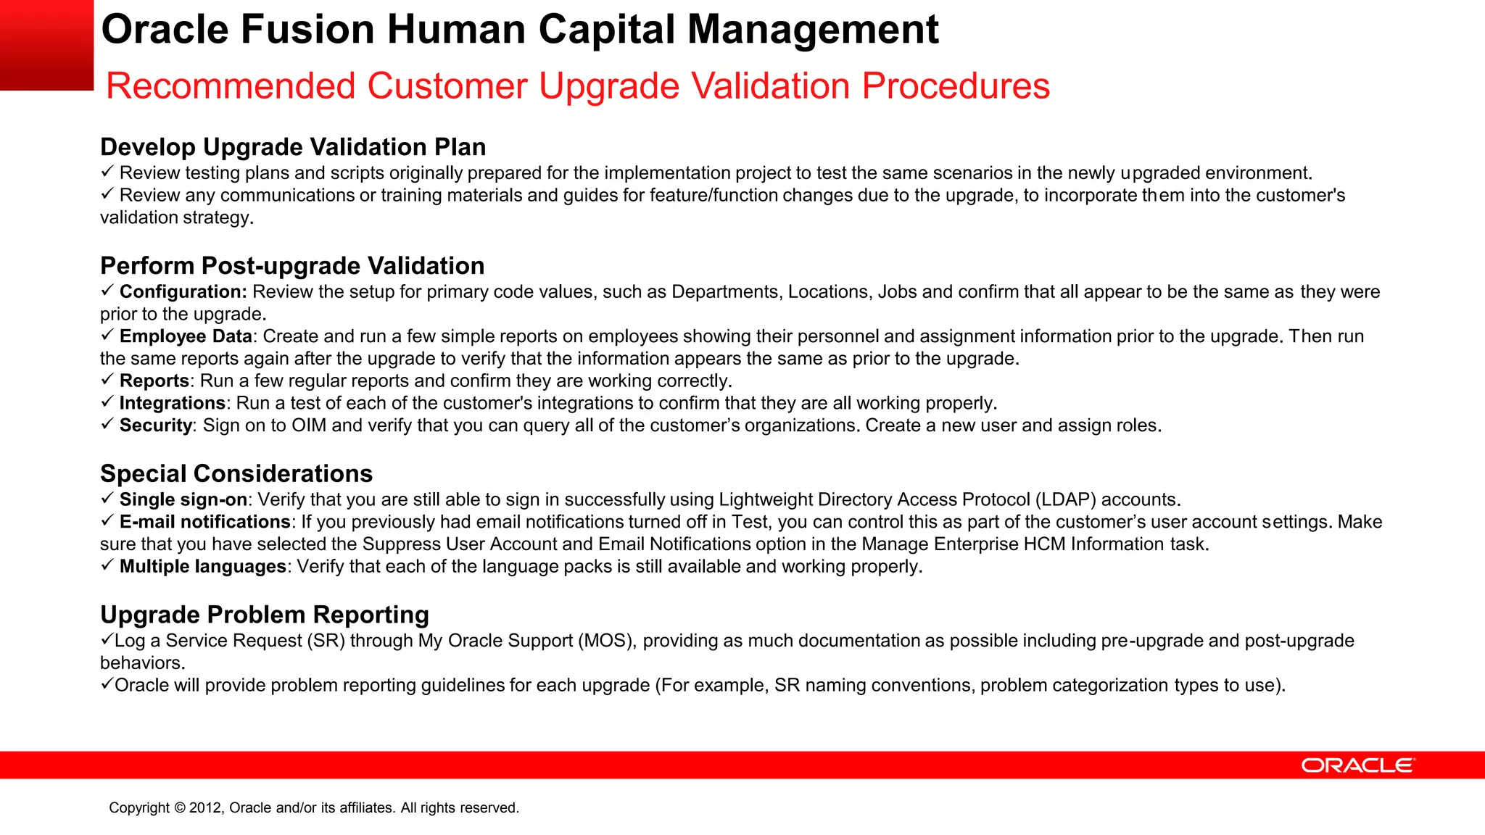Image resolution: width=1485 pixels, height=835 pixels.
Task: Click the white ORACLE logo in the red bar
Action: coord(1357,765)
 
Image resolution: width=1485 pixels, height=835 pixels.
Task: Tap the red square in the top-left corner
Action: coord(46,45)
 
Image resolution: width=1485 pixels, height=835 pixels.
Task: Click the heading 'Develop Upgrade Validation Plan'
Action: coord(293,147)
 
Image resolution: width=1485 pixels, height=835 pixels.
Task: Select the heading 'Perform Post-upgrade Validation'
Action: coord(292,266)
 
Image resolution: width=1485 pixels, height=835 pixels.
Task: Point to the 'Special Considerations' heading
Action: coord(236,474)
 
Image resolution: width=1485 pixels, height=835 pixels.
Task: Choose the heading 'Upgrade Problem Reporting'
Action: coord(265,615)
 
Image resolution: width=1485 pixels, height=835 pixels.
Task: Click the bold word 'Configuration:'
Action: coord(183,292)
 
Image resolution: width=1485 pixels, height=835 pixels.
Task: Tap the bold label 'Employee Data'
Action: coord(186,336)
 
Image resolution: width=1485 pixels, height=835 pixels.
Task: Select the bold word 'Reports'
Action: coord(154,381)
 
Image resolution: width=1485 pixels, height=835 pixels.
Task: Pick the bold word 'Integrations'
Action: coord(173,403)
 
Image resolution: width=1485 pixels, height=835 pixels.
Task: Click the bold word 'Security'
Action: coord(156,425)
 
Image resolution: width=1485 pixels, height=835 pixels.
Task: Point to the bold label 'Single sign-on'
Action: coord(183,500)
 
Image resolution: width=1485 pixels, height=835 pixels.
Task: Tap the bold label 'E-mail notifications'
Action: coord(205,522)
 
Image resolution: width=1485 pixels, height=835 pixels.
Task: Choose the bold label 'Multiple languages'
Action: coord(203,567)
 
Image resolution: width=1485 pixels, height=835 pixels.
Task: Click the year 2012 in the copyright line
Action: coord(206,808)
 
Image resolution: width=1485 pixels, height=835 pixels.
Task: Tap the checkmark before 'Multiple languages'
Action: coord(107,565)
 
